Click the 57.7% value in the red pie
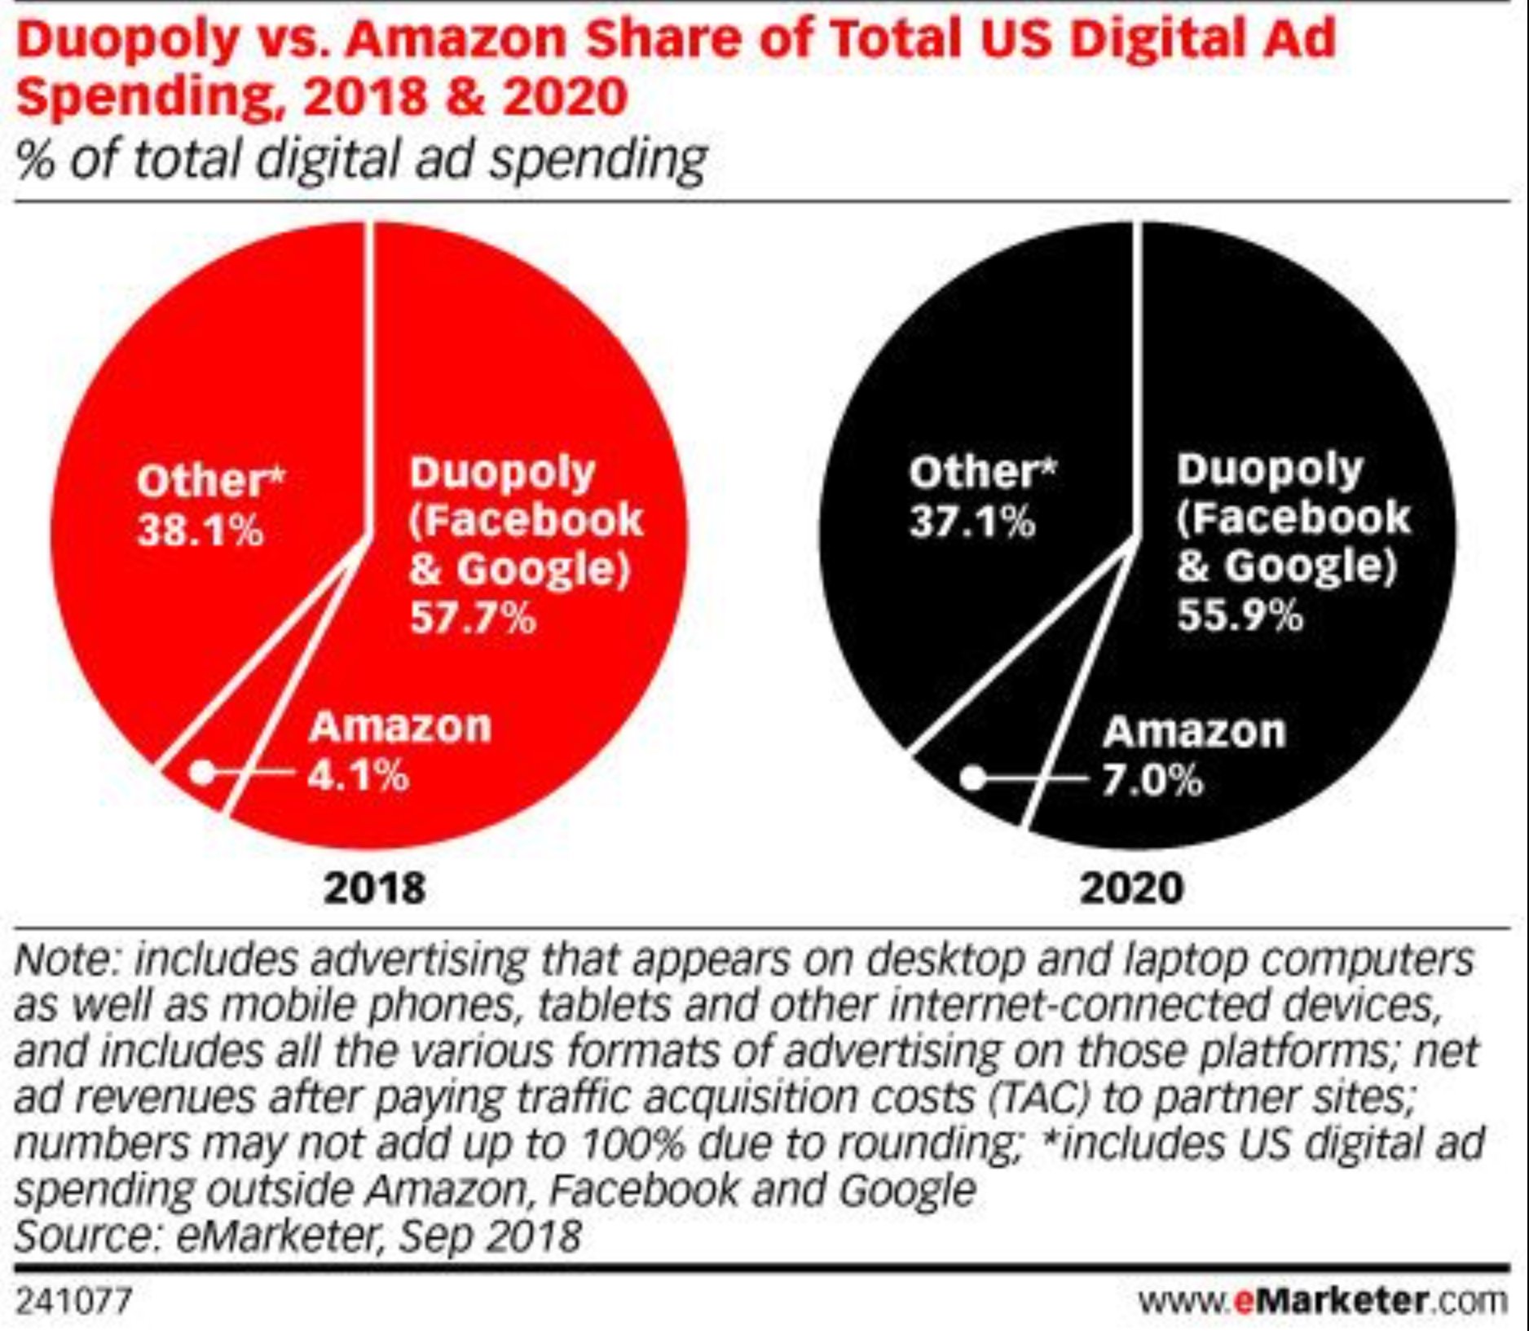click(x=473, y=618)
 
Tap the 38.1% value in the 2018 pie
click(x=200, y=532)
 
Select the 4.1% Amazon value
click(x=358, y=775)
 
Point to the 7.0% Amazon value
click(x=1152, y=780)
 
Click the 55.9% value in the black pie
click(x=1240, y=615)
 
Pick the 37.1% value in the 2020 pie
click(x=972, y=522)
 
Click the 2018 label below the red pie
click(x=374, y=887)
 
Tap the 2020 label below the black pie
click(x=1131, y=887)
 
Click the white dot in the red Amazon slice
click(x=203, y=772)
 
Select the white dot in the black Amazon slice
click(x=972, y=778)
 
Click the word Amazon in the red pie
click(x=400, y=726)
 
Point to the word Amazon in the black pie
click(x=1194, y=731)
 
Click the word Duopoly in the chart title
click(x=126, y=39)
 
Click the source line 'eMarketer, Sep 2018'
click(x=378, y=1236)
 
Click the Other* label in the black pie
click(x=981, y=472)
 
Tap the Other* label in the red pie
click(x=210, y=480)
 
